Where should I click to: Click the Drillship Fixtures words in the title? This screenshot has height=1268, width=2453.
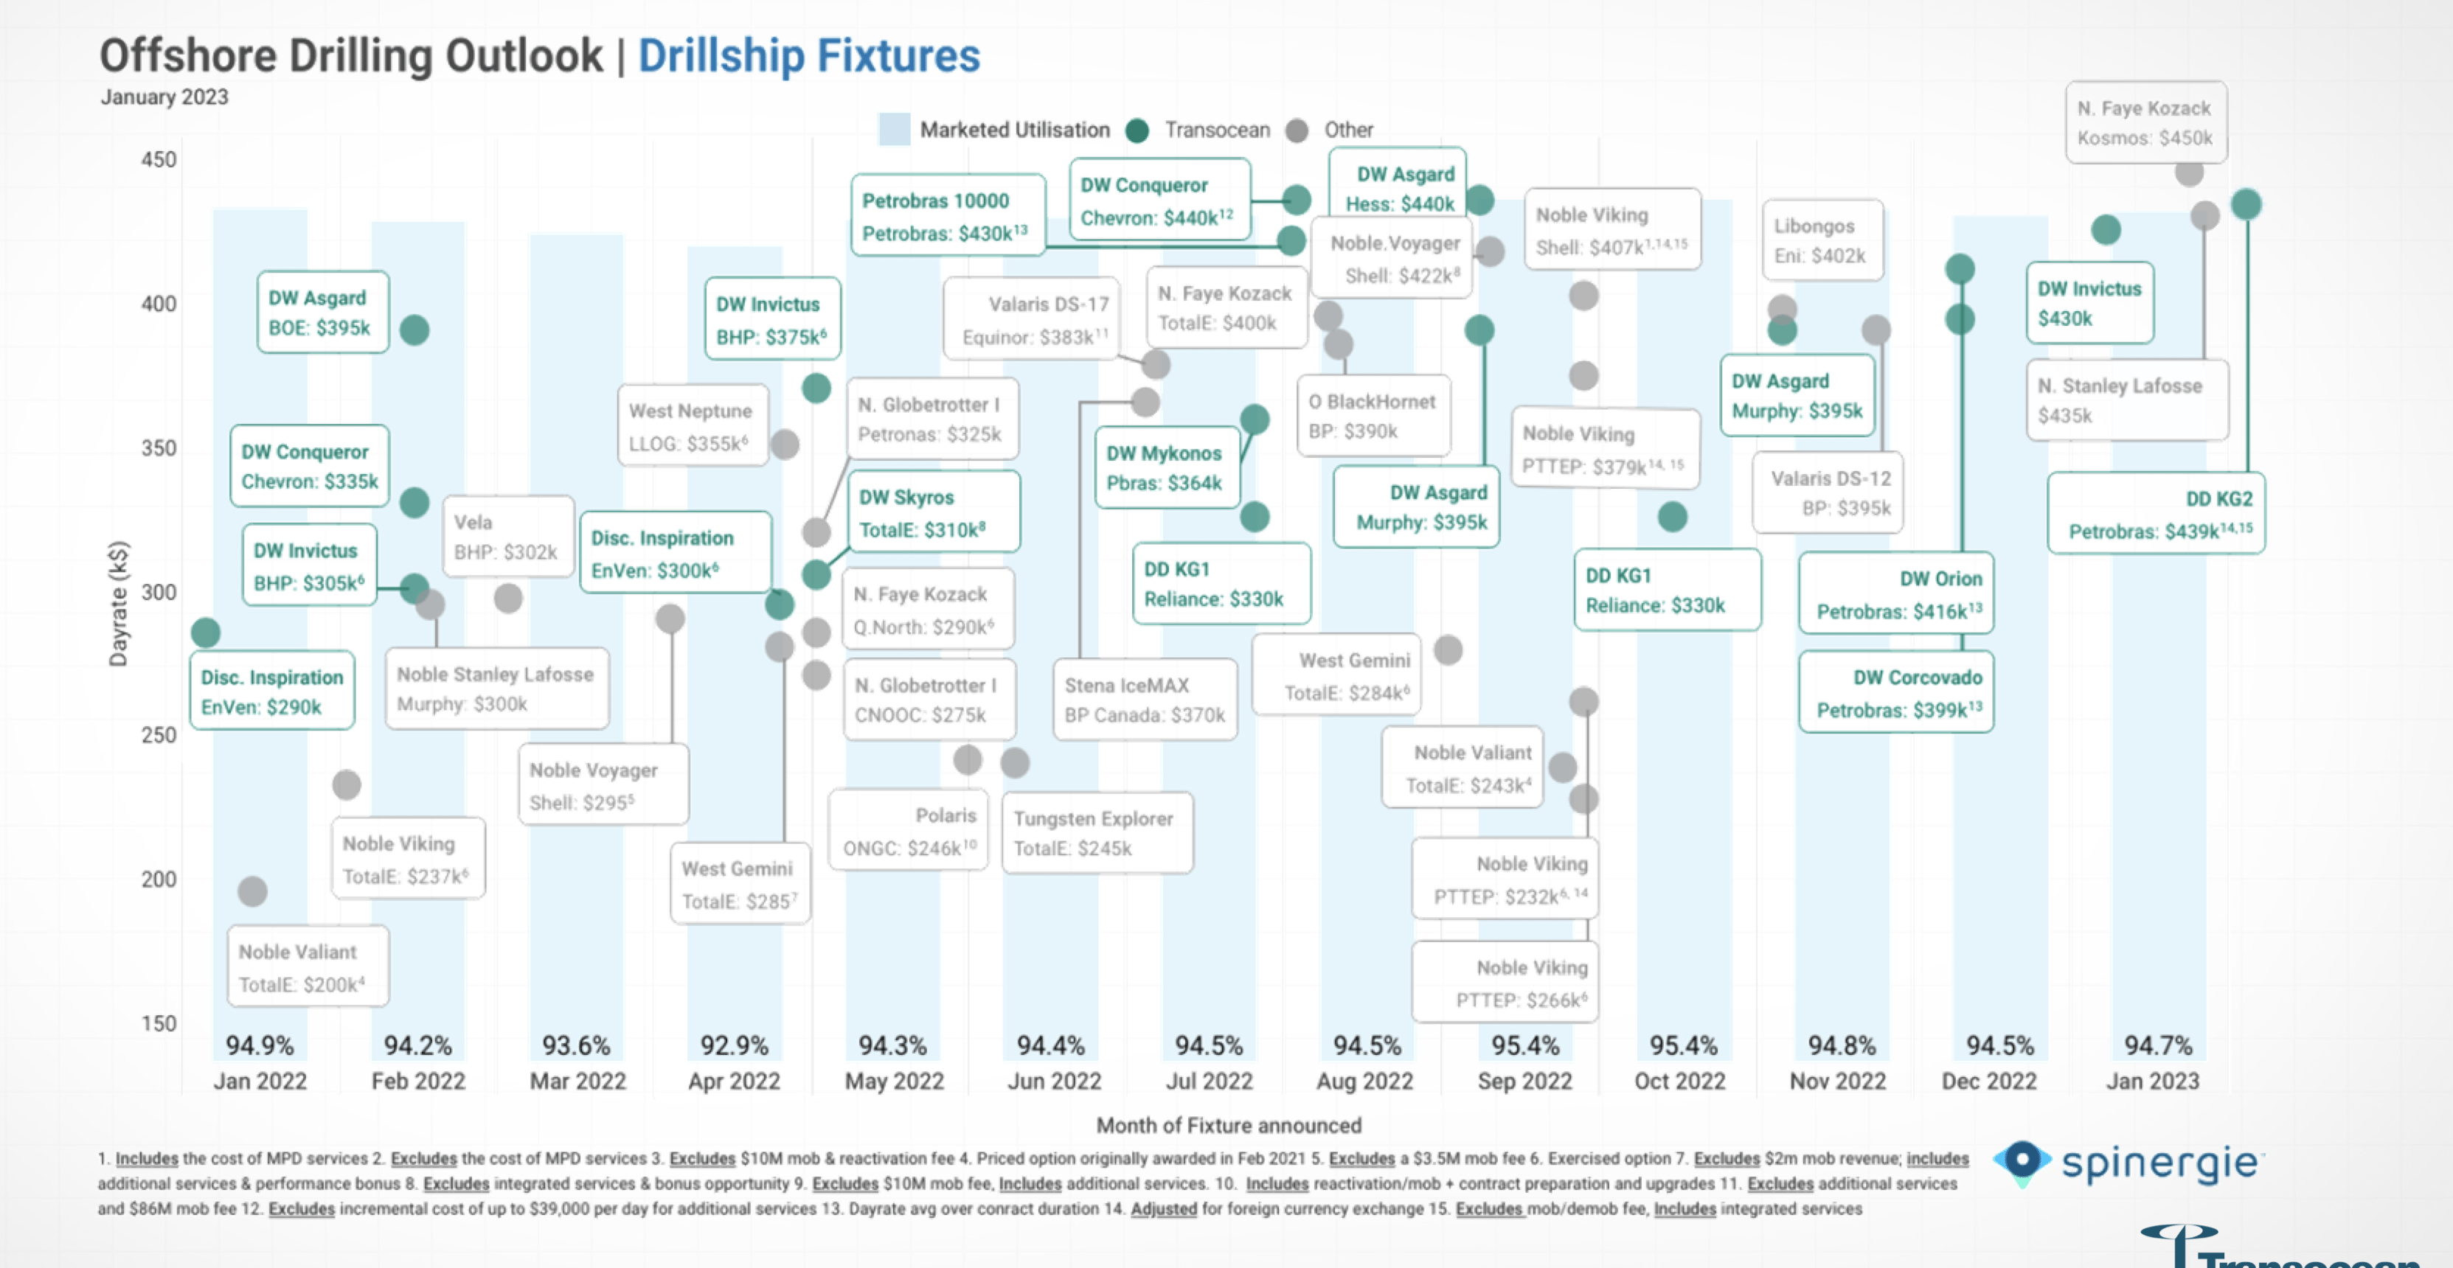808,55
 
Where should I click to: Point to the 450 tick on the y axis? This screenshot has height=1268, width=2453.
159,159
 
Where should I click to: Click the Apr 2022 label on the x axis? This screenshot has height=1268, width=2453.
733,1081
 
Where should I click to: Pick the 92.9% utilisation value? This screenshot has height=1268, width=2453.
733,1045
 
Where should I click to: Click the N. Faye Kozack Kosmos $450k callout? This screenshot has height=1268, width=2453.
2145,123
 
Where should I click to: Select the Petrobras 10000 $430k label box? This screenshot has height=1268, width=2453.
946,216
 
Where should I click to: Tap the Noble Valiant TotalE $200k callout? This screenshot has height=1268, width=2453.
307,966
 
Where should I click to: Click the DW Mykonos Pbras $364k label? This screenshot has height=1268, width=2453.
1165,467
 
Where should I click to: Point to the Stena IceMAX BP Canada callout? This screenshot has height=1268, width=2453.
1144,700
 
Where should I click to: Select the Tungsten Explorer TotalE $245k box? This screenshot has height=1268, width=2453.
1095,833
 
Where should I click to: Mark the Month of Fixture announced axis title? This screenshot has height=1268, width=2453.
1229,1125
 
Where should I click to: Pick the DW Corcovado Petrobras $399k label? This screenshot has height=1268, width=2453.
1897,693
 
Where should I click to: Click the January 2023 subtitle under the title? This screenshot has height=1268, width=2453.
164,97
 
